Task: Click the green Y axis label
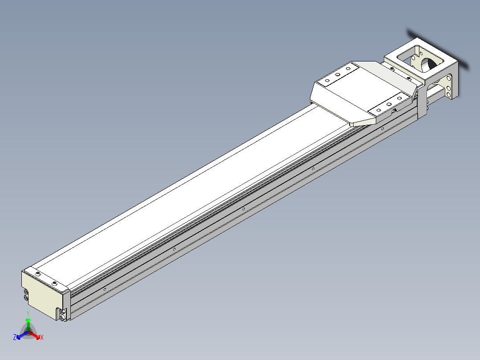point(28,313)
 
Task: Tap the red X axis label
point(42,337)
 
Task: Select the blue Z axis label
point(14,337)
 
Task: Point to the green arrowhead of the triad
point(28,320)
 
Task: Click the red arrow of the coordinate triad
point(35,335)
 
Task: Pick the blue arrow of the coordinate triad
point(22,335)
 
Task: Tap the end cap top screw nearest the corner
point(55,283)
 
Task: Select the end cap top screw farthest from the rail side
point(38,274)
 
